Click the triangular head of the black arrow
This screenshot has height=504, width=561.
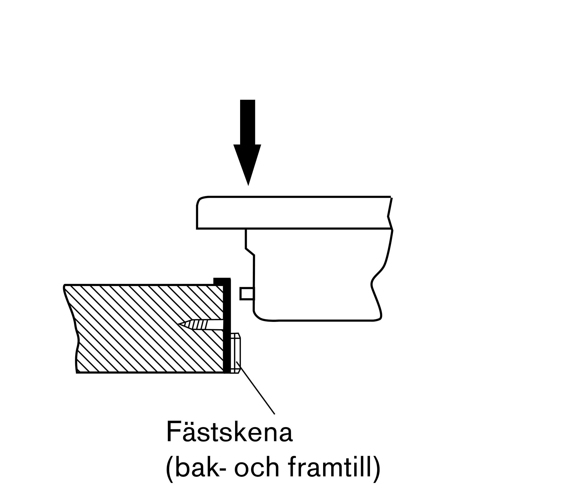click(247, 163)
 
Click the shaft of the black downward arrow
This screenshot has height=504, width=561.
click(248, 122)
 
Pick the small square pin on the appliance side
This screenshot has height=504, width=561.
click(247, 294)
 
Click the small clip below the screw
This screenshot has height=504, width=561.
click(235, 353)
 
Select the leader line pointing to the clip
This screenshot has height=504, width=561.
click(256, 388)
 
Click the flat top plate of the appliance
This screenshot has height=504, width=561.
click(294, 213)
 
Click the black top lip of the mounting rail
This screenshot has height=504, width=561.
click(222, 281)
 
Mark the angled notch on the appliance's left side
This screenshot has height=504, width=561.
click(250, 252)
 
